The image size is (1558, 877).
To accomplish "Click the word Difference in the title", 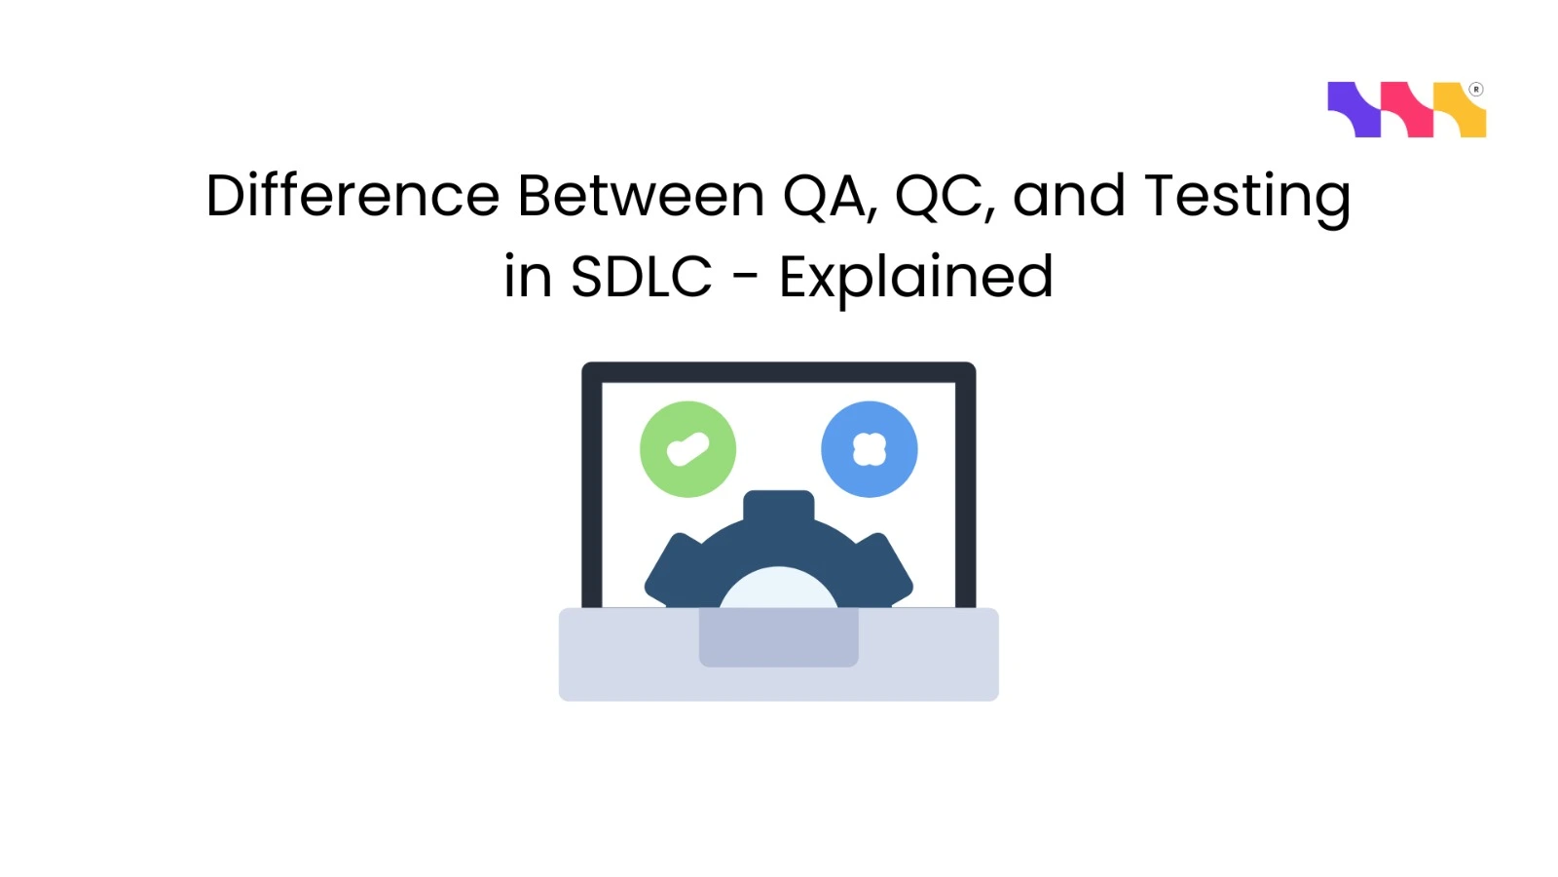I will click(x=352, y=196).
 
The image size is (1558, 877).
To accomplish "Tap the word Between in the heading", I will click(x=641, y=196).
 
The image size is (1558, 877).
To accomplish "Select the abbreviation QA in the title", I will click(x=823, y=196).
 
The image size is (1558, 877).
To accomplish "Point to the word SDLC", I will click(x=641, y=277).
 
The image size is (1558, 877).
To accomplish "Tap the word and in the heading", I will click(x=1069, y=196).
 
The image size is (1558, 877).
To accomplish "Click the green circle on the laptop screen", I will click(x=687, y=449).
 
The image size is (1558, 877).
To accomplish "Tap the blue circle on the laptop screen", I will click(x=869, y=449).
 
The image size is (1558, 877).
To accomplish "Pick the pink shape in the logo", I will click(x=1407, y=108).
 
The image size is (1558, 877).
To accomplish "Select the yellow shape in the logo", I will click(x=1460, y=110).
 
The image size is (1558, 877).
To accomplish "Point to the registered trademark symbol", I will click(x=1476, y=90).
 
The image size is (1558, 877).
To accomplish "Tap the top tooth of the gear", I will click(x=778, y=506).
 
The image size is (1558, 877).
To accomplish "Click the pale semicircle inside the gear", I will click(x=778, y=590).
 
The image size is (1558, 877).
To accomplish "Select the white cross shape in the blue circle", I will click(x=869, y=449).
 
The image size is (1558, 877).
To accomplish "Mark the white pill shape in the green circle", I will click(x=687, y=449).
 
